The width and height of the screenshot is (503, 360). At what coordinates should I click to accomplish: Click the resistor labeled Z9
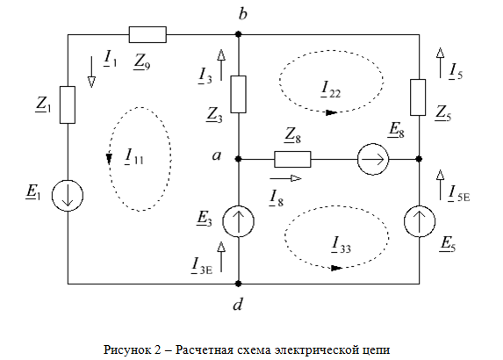(147, 34)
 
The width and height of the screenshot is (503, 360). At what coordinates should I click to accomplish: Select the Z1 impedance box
(68, 104)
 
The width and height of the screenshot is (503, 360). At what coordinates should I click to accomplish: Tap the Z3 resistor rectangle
(239, 94)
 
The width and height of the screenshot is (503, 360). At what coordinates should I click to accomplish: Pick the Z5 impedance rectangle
(418, 97)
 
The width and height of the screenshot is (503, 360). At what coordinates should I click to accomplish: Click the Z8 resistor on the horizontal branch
(292, 159)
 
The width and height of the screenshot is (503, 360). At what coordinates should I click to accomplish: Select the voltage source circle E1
(68, 196)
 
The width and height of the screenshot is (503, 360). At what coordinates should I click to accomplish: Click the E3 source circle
(239, 221)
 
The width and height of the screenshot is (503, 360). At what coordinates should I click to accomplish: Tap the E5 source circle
(420, 221)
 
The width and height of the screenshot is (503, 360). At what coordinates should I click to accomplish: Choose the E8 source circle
(373, 159)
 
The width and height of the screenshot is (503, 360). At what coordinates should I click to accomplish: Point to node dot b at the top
(239, 34)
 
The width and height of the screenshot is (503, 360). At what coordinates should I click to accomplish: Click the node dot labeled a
(239, 159)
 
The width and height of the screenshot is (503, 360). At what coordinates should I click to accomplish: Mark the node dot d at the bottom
(239, 284)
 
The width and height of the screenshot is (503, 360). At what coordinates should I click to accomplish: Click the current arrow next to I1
(91, 72)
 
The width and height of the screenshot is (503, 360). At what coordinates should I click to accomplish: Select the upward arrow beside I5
(440, 63)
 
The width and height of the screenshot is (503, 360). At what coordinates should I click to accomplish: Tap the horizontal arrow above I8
(286, 178)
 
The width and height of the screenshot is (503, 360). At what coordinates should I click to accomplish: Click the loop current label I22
(330, 89)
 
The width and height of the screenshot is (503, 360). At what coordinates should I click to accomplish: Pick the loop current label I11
(134, 156)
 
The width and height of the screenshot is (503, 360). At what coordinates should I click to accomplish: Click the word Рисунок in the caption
(126, 349)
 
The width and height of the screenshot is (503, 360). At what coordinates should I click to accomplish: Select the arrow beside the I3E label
(221, 256)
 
